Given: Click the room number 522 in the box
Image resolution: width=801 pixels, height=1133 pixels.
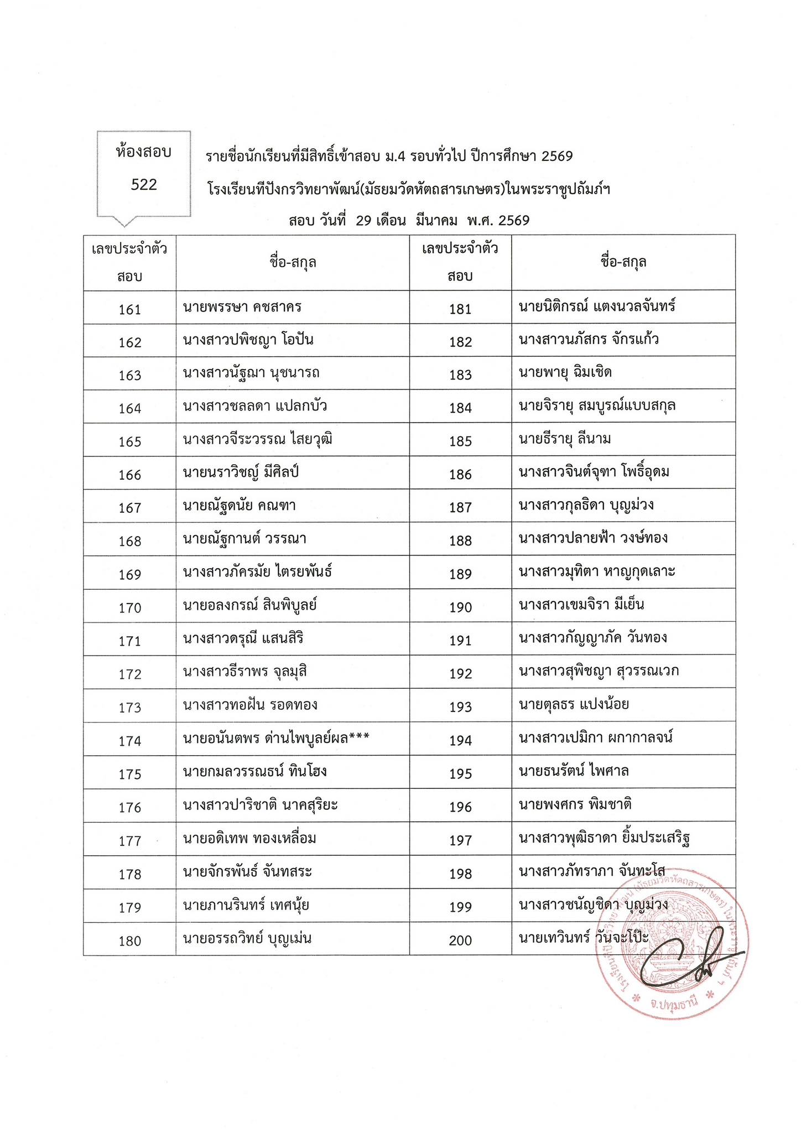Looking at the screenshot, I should point(144,185).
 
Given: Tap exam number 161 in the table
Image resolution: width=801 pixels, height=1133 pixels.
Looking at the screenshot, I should point(130,309).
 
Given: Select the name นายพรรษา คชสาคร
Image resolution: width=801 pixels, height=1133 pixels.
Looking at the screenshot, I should point(242,306).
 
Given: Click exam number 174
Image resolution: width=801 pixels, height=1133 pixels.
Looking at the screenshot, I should point(130,741).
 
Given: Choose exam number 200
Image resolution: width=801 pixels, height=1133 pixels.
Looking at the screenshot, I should point(460,940).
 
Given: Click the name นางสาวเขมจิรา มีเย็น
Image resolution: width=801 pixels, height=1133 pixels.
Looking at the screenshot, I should point(581,604).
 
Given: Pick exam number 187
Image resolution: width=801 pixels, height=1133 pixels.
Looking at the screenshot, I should point(460,507).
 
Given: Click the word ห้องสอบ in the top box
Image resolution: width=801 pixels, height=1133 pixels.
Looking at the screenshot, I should point(144,152).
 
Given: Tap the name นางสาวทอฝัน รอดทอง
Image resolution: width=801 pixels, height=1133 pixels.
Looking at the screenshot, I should point(250,705).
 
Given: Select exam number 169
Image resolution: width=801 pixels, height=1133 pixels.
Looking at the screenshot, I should point(130,574).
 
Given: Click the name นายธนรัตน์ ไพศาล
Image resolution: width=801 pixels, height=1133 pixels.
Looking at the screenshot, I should point(574,771).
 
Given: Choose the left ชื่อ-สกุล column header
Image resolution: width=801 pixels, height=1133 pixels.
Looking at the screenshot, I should point(293,262).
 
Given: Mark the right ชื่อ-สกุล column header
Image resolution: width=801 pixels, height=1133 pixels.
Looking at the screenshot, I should point(623,262).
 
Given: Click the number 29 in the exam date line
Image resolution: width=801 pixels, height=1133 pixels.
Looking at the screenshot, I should point(363,221).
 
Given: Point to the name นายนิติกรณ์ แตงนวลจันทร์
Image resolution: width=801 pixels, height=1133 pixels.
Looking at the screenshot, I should point(597,306).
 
